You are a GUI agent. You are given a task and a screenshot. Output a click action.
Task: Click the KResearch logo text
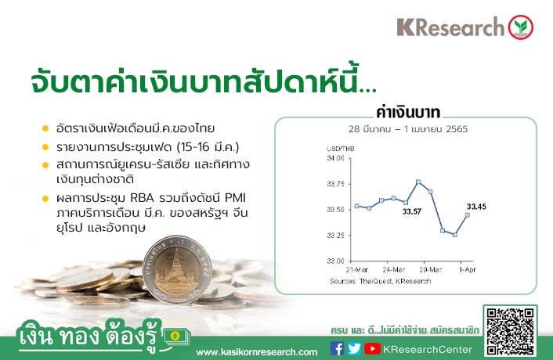tap(450, 27)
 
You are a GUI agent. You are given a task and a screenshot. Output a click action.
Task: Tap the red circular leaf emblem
tap(521, 27)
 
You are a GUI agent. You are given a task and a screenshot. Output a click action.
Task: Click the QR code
tap(510, 331)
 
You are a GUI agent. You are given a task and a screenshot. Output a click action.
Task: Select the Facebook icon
tap(337, 348)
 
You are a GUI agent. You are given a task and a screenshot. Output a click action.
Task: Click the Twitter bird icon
tap(354, 348)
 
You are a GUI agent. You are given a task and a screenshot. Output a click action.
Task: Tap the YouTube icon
tap(372, 348)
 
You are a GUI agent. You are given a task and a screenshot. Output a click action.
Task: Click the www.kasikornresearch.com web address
tap(257, 352)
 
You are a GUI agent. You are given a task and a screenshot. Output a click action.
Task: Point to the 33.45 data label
tap(476, 207)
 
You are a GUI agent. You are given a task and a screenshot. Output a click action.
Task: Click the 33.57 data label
tap(412, 212)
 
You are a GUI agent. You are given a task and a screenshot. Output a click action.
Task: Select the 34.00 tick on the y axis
tap(335, 158)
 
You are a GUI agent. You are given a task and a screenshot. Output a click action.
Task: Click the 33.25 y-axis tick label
tap(335, 236)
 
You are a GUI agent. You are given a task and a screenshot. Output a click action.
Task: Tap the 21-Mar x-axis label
tap(357, 270)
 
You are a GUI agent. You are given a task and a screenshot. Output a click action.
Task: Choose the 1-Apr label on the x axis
tap(468, 270)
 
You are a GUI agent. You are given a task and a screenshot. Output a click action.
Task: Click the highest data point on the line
tap(418, 182)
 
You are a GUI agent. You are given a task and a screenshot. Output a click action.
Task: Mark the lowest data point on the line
tap(455, 235)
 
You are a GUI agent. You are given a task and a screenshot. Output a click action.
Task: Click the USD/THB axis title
tap(340, 149)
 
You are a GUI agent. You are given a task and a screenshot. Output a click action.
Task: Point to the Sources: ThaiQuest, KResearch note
tap(381, 281)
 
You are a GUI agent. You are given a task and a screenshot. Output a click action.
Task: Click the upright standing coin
tap(177, 269)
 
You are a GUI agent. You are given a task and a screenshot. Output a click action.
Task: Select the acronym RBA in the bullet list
tap(142, 198)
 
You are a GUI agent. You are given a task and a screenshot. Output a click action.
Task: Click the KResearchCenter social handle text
tap(428, 349)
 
